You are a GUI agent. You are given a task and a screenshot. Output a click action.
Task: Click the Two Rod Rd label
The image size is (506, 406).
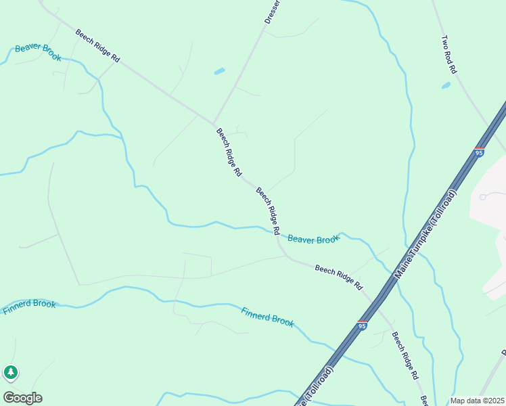tap(449, 55)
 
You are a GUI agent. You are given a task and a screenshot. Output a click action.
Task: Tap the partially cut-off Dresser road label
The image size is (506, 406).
tap(272, 12)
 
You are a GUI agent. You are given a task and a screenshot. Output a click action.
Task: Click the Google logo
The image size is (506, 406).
tap(22, 397)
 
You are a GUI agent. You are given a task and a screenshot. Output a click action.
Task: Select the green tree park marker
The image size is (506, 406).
tap(10, 372)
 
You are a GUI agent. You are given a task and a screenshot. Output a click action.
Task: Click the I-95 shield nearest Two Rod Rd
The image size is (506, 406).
tap(479, 152)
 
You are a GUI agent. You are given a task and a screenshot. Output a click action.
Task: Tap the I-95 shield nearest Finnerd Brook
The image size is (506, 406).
tap(363, 325)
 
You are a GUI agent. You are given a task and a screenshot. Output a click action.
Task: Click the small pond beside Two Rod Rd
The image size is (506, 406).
tap(446, 86)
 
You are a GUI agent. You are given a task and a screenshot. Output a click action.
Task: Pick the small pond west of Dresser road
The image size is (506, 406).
tap(219, 70)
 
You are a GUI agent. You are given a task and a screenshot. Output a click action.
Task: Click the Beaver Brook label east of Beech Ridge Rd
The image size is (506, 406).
tap(313, 239)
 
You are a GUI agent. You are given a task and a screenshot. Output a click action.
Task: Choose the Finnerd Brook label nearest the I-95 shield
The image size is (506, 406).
tap(268, 317)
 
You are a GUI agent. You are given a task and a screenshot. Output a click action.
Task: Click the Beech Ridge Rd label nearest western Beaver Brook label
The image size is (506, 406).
tap(97, 46)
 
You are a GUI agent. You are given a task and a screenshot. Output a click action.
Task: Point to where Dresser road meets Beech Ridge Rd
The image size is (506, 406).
tap(214, 123)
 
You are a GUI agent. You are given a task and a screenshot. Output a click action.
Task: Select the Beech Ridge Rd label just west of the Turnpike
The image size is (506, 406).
tap(339, 277)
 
